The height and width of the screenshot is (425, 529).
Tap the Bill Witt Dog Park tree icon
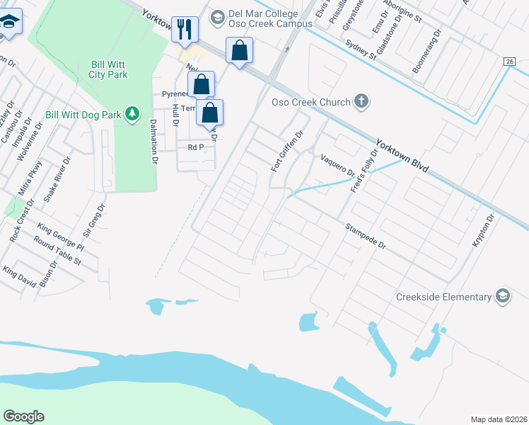[x=131, y=114]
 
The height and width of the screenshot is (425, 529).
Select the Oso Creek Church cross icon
[x=362, y=101]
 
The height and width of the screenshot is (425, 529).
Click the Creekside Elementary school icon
[x=503, y=297]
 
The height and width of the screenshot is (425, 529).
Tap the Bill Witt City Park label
[x=109, y=68]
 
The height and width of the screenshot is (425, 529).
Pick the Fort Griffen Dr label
[x=287, y=150]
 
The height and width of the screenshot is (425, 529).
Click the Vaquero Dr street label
[x=337, y=166]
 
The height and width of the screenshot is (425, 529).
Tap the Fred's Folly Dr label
[x=364, y=171]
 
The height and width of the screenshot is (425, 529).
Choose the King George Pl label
[x=61, y=237]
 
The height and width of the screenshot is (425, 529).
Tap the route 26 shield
[x=509, y=62]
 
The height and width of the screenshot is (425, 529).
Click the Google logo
[x=23, y=416]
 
